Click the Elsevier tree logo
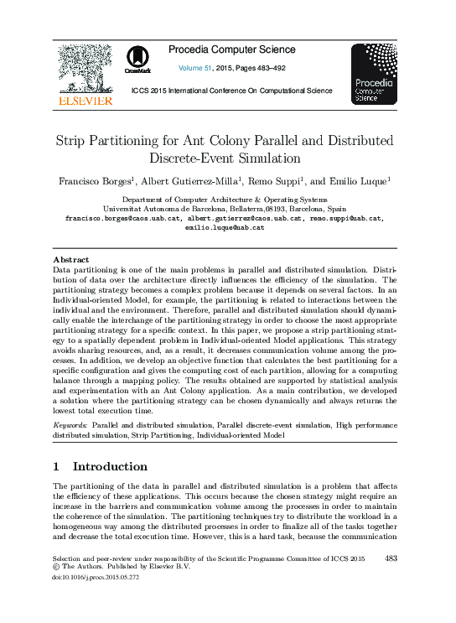tap(83, 69)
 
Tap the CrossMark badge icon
tap(138, 61)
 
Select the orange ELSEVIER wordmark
tap(84, 101)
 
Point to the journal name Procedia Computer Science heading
tap(231, 49)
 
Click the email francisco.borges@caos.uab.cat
tap(122, 218)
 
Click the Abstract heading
tap(70, 260)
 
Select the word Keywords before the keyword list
tap(69, 426)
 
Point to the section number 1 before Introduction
tap(56, 466)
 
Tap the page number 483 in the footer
tap(391, 558)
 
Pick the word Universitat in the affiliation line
tap(124, 209)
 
